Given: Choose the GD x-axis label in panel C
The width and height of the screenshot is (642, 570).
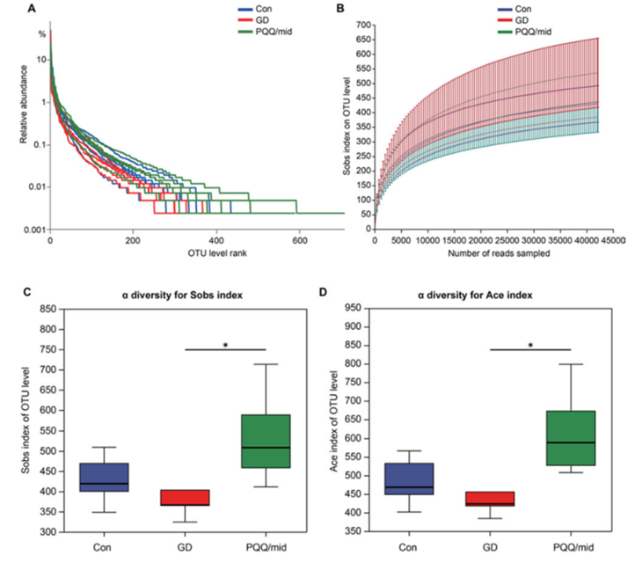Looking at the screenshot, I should click(184, 547).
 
